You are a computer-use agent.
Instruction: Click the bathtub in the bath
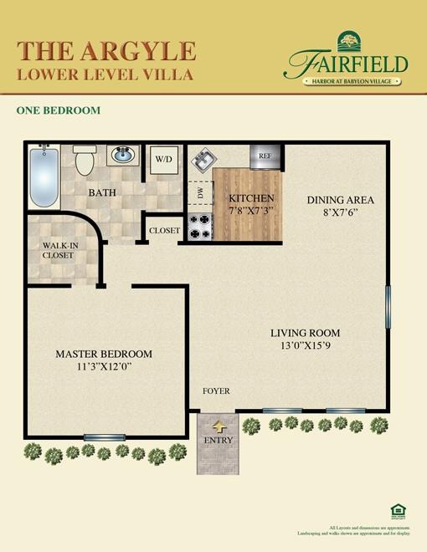coord(44,176)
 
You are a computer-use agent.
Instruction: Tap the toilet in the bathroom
coord(85,161)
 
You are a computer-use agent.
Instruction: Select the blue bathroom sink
coord(122,156)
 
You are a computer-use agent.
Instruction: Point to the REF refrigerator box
coord(265,156)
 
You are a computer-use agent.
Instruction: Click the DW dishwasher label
coord(200,193)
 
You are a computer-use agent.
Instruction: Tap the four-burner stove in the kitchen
coord(199,226)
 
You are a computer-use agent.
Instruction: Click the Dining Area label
coord(340,200)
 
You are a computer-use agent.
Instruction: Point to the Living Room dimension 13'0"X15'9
coord(305,345)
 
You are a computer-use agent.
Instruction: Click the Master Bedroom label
coord(104,354)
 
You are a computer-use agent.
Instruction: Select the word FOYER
coord(216,391)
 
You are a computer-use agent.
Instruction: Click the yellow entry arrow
coord(219,427)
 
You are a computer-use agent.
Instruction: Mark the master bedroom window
coord(105,437)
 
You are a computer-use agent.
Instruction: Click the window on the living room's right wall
coord(387,308)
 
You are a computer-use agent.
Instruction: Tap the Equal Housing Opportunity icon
coord(397,510)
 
